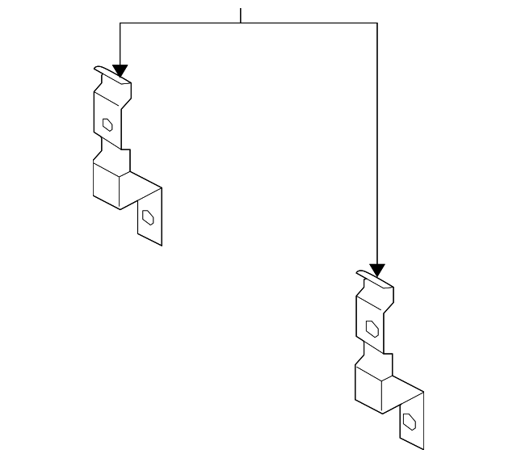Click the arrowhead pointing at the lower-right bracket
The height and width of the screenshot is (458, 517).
click(x=376, y=270)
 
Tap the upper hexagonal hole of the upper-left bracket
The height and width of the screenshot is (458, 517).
click(x=107, y=124)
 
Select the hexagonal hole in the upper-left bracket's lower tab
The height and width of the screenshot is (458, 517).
click(x=149, y=216)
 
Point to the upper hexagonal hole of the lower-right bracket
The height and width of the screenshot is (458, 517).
click(x=372, y=328)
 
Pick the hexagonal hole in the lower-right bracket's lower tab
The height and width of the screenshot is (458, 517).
click(x=410, y=422)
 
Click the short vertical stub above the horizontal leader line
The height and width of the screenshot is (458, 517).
click(x=241, y=15)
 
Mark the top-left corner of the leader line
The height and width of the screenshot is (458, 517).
click(x=120, y=23)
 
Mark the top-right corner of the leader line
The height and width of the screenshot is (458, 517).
click(x=376, y=23)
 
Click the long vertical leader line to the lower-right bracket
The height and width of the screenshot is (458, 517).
click(x=376, y=145)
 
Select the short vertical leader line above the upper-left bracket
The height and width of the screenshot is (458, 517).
click(x=120, y=44)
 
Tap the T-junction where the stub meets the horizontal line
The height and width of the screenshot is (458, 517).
click(x=241, y=23)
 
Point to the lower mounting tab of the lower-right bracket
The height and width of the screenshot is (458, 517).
click(x=411, y=421)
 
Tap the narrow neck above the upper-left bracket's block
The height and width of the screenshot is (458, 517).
click(x=111, y=150)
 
